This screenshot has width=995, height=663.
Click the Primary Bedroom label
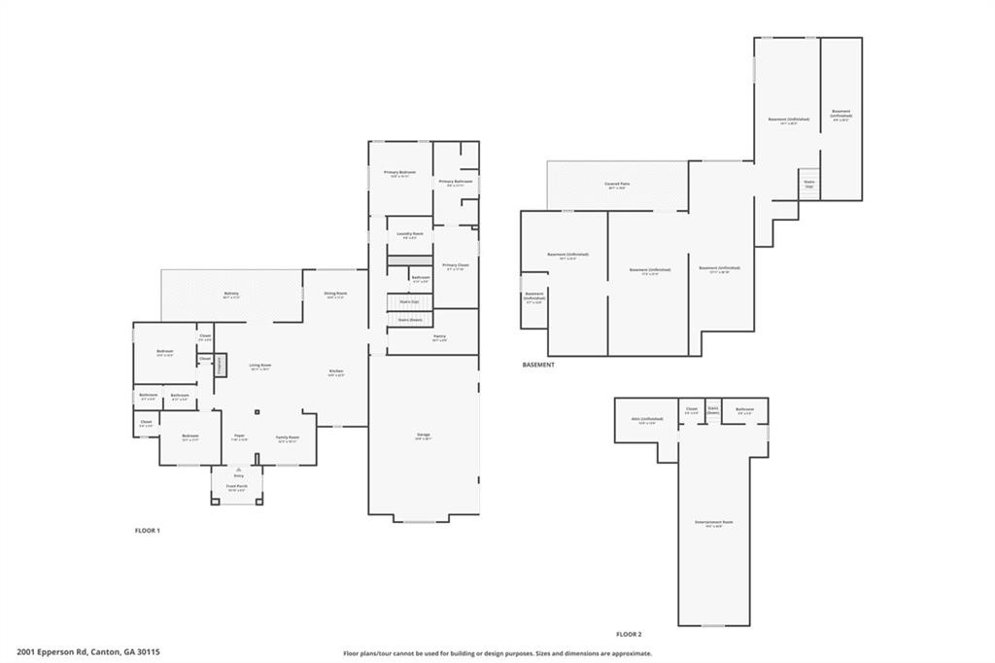point(399,172)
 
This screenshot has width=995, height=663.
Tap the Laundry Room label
point(410,233)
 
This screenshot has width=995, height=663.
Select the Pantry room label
point(439,336)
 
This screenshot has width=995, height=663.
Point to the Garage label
point(424,434)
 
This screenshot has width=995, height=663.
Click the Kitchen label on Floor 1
point(336,370)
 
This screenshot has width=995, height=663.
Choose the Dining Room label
point(336,293)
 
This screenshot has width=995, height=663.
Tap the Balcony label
point(231,293)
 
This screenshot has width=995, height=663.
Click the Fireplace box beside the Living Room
point(220,365)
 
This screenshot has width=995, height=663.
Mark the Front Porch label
point(237,486)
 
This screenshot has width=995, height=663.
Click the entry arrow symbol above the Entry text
point(238,469)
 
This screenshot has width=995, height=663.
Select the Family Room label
point(287,437)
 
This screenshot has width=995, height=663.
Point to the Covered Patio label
point(617,184)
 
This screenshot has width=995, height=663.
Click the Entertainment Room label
point(714,522)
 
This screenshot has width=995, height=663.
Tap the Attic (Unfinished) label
point(645,420)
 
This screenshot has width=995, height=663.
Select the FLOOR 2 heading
point(630,634)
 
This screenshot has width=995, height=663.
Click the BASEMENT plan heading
point(538,365)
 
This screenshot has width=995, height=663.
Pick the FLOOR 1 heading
point(147,530)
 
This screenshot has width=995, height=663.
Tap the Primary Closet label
point(455,264)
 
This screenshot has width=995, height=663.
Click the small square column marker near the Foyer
point(257,410)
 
